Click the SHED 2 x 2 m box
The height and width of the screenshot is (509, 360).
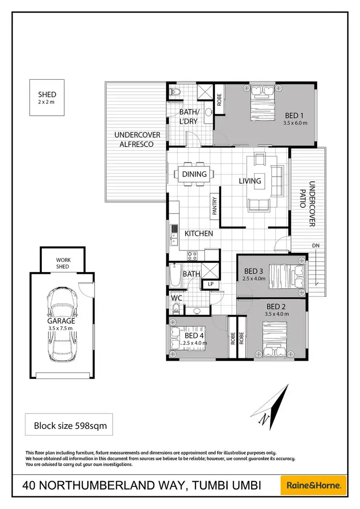[47, 97]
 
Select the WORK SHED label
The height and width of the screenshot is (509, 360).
[62, 263]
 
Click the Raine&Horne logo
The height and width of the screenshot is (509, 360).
[313, 485]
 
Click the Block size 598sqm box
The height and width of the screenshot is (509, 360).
[69, 425]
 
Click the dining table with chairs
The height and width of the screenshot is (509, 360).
[194, 174]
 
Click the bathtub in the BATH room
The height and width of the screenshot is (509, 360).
[174, 277]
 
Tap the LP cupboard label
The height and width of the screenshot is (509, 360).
[210, 284]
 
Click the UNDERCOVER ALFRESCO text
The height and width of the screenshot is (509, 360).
[137, 140]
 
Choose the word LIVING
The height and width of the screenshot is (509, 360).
[250, 181]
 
